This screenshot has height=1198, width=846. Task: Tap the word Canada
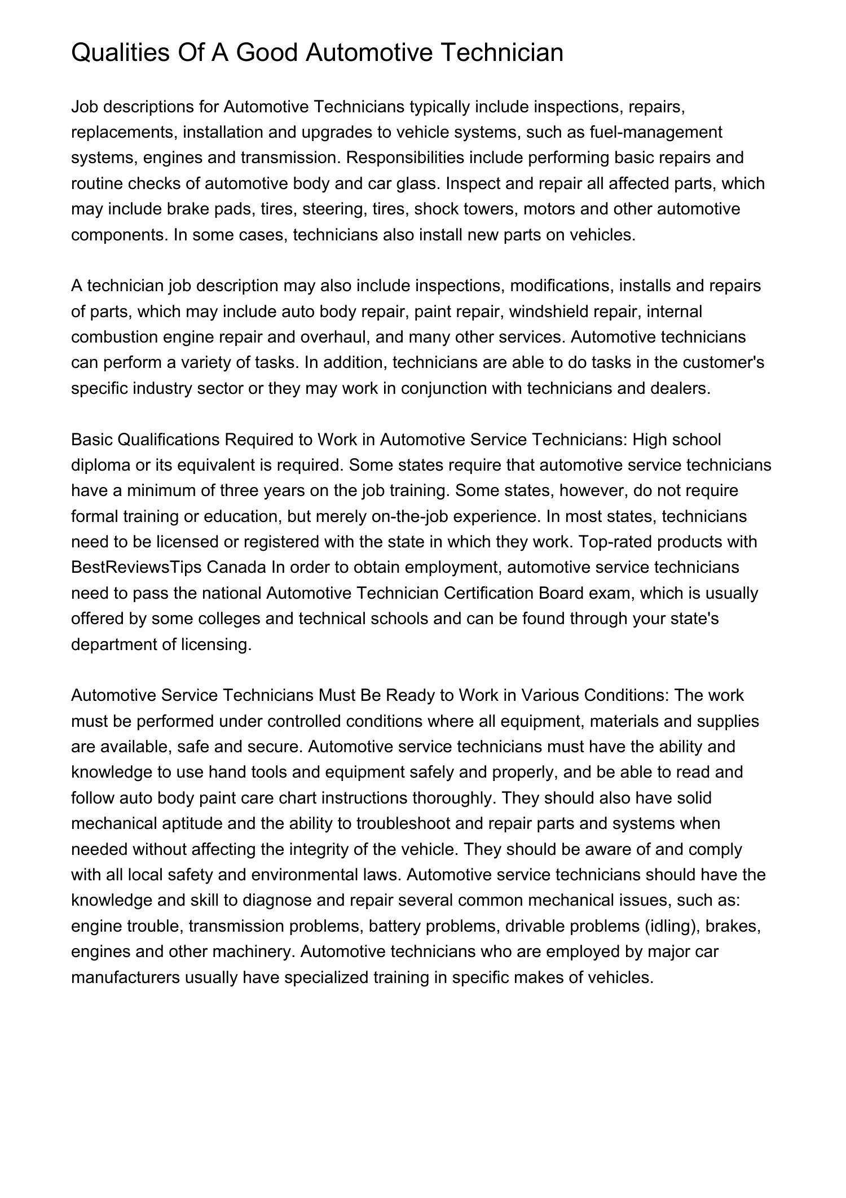[x=236, y=567]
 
